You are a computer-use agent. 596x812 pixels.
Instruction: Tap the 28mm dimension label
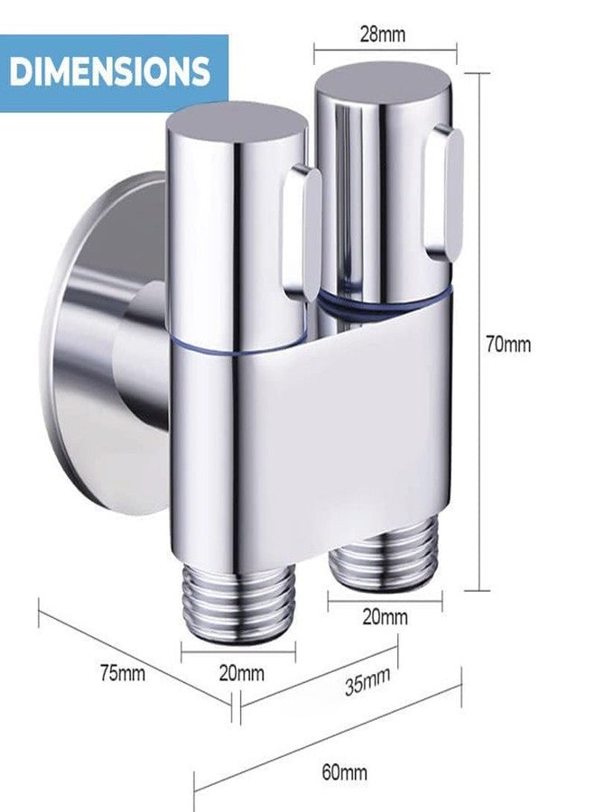point(383,34)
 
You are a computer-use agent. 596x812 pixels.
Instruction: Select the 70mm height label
point(508,344)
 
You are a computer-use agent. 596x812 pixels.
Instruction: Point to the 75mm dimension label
point(123,674)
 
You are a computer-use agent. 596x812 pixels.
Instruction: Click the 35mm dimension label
point(367,683)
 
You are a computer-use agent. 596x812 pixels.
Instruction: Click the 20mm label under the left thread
point(241,673)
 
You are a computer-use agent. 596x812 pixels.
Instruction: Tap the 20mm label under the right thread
point(385,617)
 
